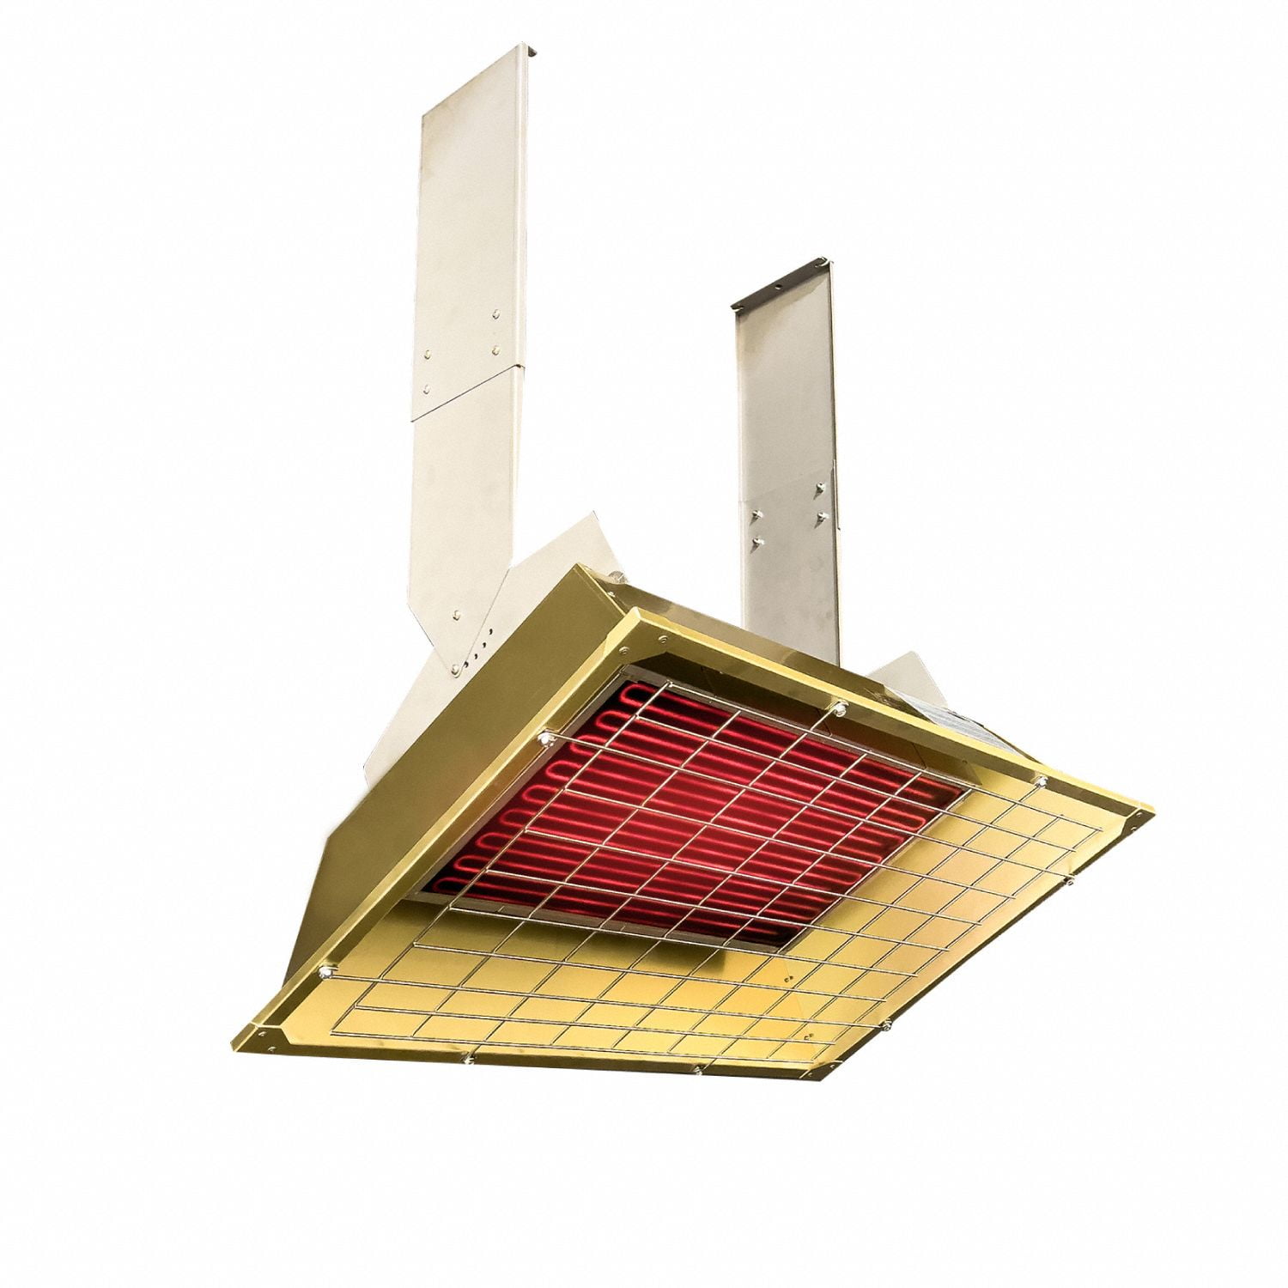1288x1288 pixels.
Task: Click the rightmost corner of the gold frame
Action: (1149, 811)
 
